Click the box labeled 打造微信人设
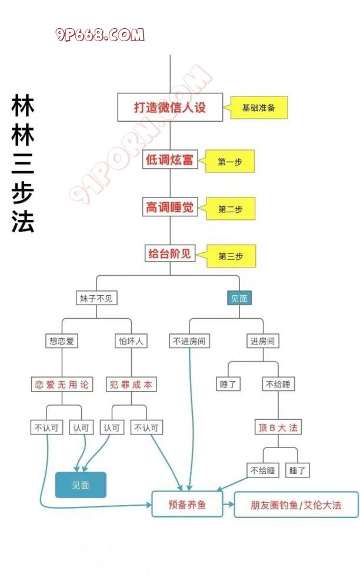[x=170, y=108]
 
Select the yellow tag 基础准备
[x=259, y=108]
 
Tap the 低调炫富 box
[x=170, y=160]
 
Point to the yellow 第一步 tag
[x=231, y=161]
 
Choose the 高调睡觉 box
[x=170, y=208]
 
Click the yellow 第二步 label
[x=231, y=209]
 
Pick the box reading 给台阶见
[x=170, y=255]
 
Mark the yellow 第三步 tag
[x=231, y=256]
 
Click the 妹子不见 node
[x=97, y=298]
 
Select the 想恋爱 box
[x=62, y=340]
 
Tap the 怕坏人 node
[x=130, y=340]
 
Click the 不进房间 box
[x=189, y=340]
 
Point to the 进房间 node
[x=262, y=340]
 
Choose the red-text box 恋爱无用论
[x=62, y=385]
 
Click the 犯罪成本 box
[x=131, y=385]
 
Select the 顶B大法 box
[x=278, y=427]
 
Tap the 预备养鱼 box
[x=187, y=505]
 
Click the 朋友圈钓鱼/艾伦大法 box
[x=296, y=505]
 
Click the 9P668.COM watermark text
[x=100, y=35]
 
